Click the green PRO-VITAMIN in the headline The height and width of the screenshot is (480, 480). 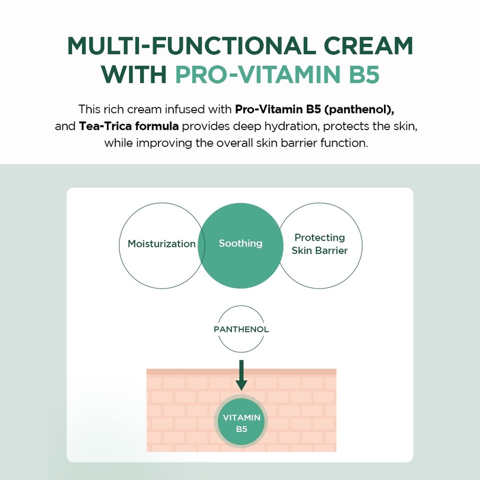pyautogui.click(x=256, y=75)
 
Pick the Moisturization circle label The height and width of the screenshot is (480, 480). pyautogui.click(x=162, y=244)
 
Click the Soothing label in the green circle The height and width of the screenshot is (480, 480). pyautogui.click(x=241, y=243)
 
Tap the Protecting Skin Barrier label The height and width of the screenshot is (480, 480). pyautogui.click(x=320, y=244)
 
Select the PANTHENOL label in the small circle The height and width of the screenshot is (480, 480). pyautogui.click(x=241, y=329)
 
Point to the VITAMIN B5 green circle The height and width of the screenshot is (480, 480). pyautogui.click(x=241, y=422)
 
